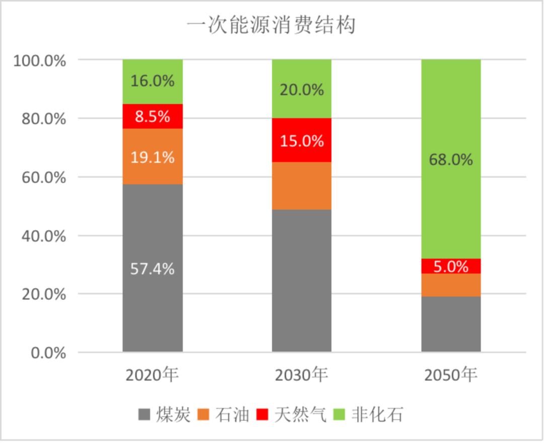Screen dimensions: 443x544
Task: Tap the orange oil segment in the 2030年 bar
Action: (302, 186)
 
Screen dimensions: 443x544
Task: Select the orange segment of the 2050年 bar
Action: (451, 285)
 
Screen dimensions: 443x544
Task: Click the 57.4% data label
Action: (153, 269)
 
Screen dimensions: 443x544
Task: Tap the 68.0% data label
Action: (451, 160)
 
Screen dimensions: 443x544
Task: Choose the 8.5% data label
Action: (153, 117)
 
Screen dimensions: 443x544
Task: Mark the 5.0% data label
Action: (451, 266)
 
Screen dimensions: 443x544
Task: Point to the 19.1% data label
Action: (153, 157)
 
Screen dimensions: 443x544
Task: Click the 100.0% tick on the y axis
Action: (40, 61)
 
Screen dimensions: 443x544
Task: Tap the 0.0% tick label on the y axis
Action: (48, 353)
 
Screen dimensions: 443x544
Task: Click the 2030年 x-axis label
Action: (302, 375)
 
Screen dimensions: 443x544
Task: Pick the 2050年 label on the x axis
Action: (451, 375)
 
